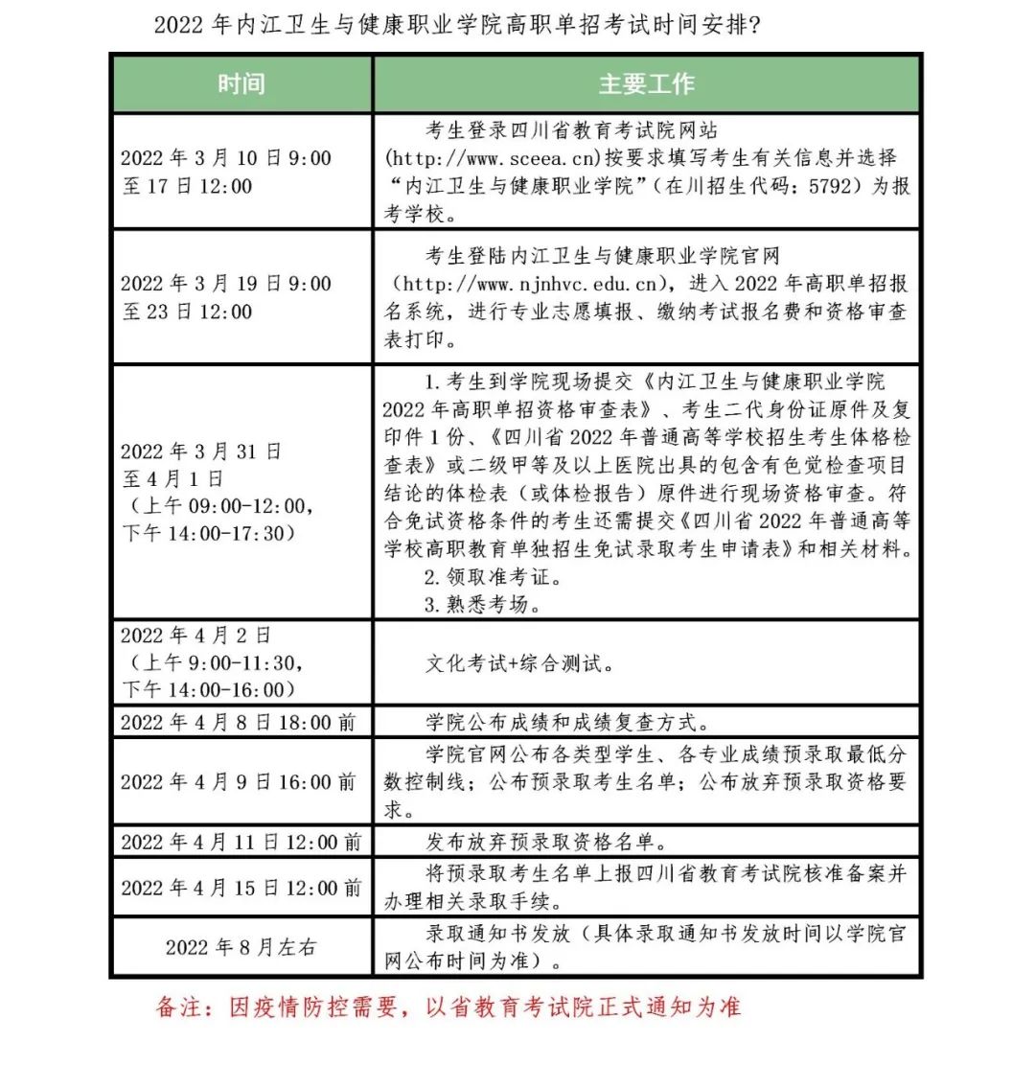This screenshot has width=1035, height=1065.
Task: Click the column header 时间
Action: [241, 84]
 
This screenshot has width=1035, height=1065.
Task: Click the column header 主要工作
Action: [646, 84]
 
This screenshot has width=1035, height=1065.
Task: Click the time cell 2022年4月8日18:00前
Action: [239, 722]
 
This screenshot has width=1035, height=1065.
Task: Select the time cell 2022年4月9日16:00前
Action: [239, 782]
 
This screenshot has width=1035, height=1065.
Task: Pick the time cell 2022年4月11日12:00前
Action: [241, 842]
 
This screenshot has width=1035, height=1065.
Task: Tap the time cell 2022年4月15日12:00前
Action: [241, 888]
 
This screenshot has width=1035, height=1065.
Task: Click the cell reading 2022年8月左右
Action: [241, 947]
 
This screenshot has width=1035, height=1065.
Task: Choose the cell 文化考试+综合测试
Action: [519, 663]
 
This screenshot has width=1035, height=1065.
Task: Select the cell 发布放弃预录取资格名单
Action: [545, 842]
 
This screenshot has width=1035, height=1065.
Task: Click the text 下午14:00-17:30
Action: [204, 533]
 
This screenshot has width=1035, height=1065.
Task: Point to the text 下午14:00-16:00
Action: [204, 689]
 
